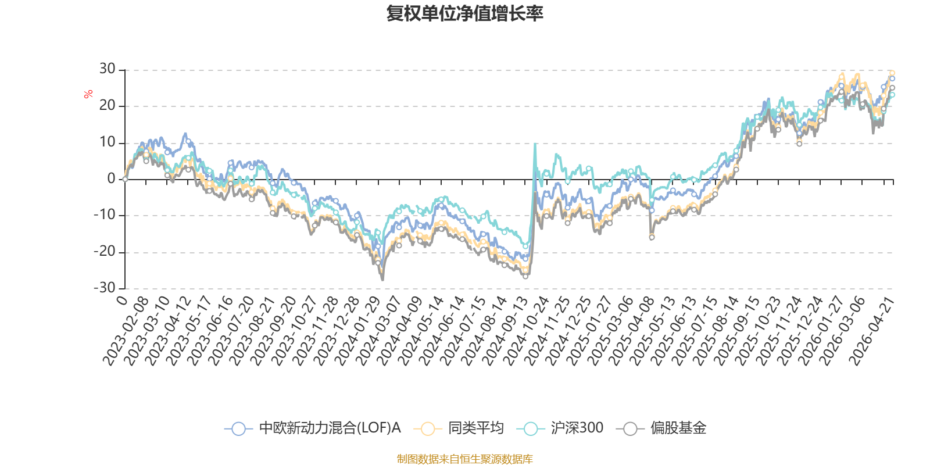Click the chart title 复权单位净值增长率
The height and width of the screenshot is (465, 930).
pyautogui.click(x=464, y=13)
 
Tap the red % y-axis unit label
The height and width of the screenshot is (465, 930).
pyautogui.click(x=88, y=94)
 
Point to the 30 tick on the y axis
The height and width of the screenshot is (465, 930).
pyautogui.click(x=107, y=69)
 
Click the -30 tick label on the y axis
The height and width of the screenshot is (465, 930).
pyautogui.click(x=105, y=288)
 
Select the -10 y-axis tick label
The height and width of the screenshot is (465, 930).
pyautogui.click(x=105, y=214)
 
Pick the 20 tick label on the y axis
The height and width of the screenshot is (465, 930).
pyautogui.click(x=107, y=105)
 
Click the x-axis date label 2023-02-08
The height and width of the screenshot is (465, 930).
pyautogui.click(x=126, y=331)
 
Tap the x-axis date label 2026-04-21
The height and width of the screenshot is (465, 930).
pyautogui.click(x=871, y=331)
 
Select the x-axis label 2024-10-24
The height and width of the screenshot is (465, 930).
pyautogui.click(x=526, y=331)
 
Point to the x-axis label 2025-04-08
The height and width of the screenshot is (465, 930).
pyautogui.click(x=631, y=331)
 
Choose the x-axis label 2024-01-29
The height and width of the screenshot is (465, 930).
pyautogui.click(x=357, y=331)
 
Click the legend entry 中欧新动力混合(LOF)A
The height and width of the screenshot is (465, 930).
pyautogui.click(x=313, y=428)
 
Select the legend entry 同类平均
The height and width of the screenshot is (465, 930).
pyautogui.click(x=459, y=428)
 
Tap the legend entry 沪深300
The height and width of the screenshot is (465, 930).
pyautogui.click(x=560, y=428)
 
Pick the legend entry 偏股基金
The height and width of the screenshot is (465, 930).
pyautogui.click(x=661, y=428)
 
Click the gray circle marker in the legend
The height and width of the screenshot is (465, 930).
pyautogui.click(x=630, y=428)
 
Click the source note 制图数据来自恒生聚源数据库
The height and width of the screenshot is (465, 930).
pyautogui.click(x=464, y=459)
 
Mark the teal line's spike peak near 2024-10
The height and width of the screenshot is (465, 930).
pyautogui.click(x=535, y=144)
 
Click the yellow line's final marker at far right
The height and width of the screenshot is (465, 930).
pyautogui.click(x=892, y=73)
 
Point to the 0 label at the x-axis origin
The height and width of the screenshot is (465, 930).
pyautogui.click(x=122, y=301)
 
